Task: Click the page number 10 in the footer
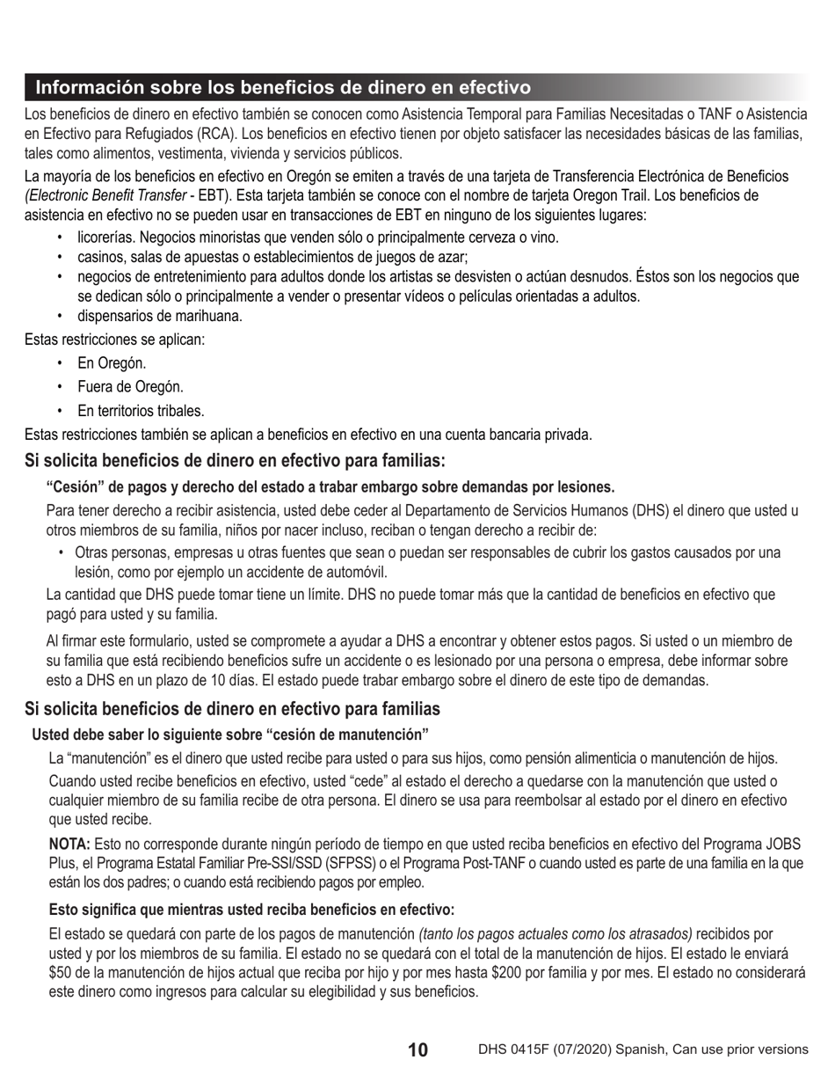[417, 1049]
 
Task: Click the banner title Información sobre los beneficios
[282, 87]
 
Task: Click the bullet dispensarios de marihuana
[159, 316]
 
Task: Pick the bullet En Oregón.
[112, 363]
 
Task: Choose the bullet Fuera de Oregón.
[130, 387]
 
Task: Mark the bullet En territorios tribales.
[141, 411]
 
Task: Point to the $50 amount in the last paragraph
[59, 972]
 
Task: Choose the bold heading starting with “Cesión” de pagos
[330, 487]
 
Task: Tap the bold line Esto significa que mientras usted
[251, 910]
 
